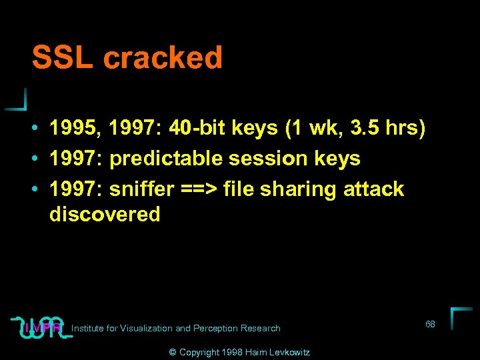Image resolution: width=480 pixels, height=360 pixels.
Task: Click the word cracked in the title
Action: click(x=163, y=58)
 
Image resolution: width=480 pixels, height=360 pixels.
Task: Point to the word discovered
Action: click(x=105, y=214)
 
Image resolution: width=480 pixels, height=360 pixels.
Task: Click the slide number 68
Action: click(x=430, y=324)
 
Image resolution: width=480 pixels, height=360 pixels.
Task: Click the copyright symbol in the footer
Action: click(x=172, y=352)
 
